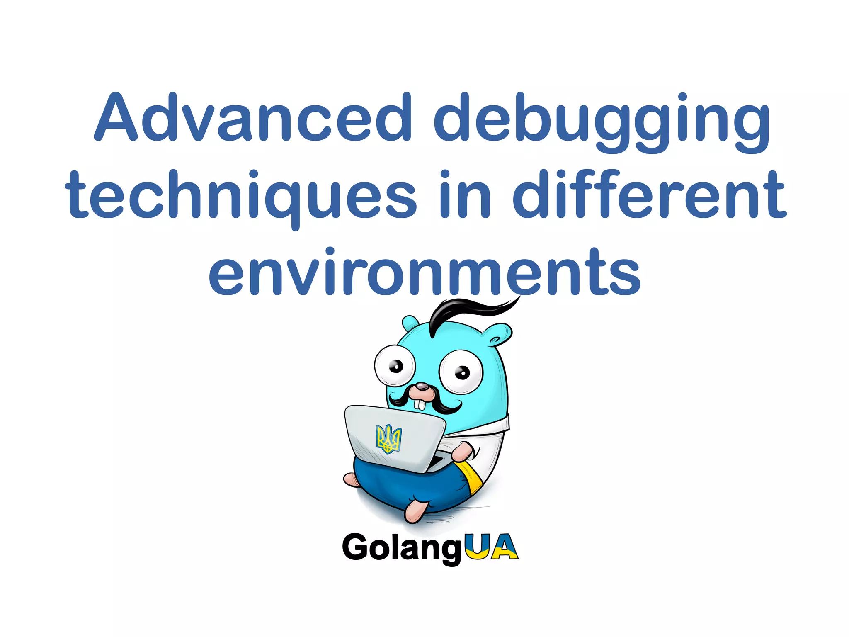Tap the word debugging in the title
[601, 120]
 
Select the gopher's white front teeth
[420, 404]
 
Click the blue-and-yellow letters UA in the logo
[491, 547]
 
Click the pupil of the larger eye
[462, 372]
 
